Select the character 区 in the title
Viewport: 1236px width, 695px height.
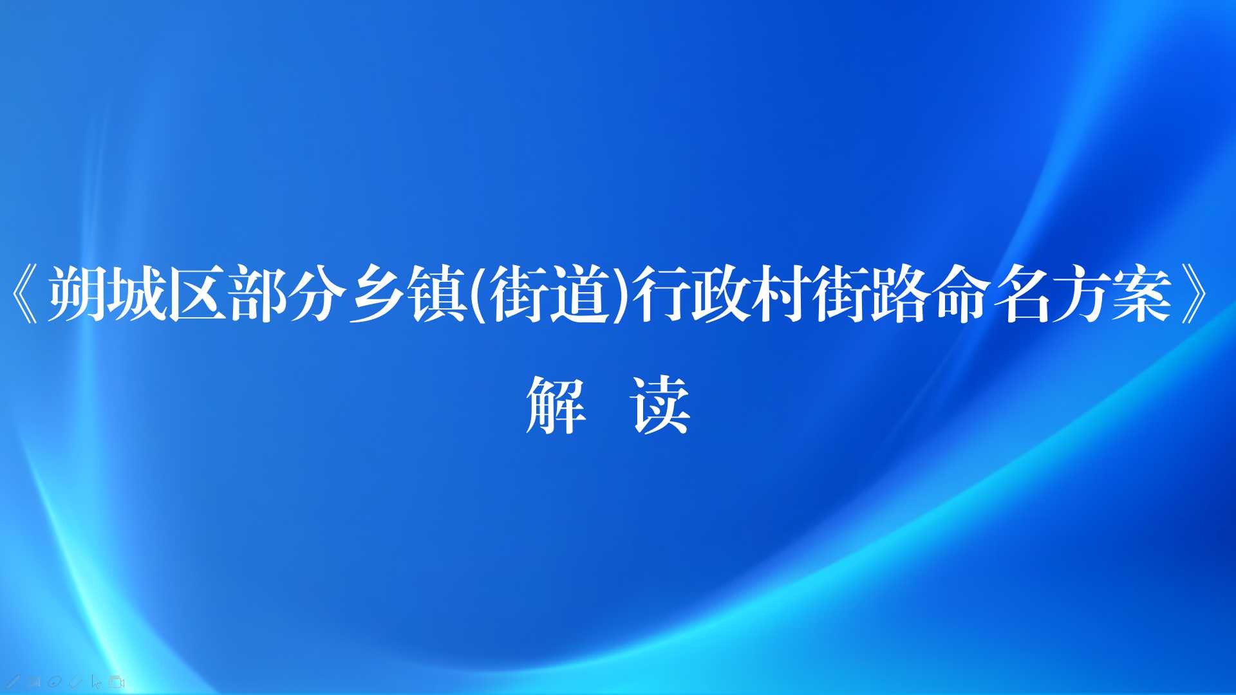[x=198, y=294]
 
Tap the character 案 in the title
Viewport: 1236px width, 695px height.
[x=1143, y=294]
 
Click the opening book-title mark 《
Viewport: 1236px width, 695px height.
[x=25, y=294]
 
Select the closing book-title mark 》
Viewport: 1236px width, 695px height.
[x=1197, y=294]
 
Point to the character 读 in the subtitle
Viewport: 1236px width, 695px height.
[x=661, y=405]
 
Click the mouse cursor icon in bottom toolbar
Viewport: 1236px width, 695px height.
[x=97, y=682]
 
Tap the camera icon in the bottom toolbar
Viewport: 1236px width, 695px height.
[x=117, y=682]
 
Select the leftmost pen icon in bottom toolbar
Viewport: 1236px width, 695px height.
[x=14, y=682]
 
